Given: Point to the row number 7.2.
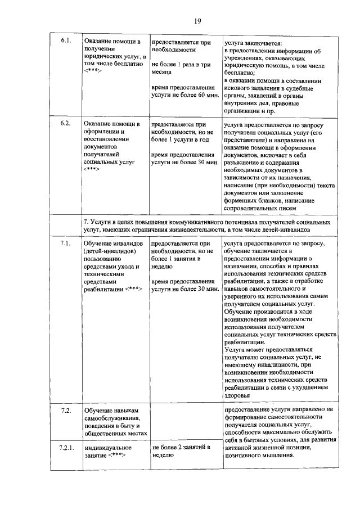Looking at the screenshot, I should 65,411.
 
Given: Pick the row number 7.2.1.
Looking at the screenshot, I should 66,448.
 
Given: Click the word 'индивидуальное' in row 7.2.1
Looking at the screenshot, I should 108,448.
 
